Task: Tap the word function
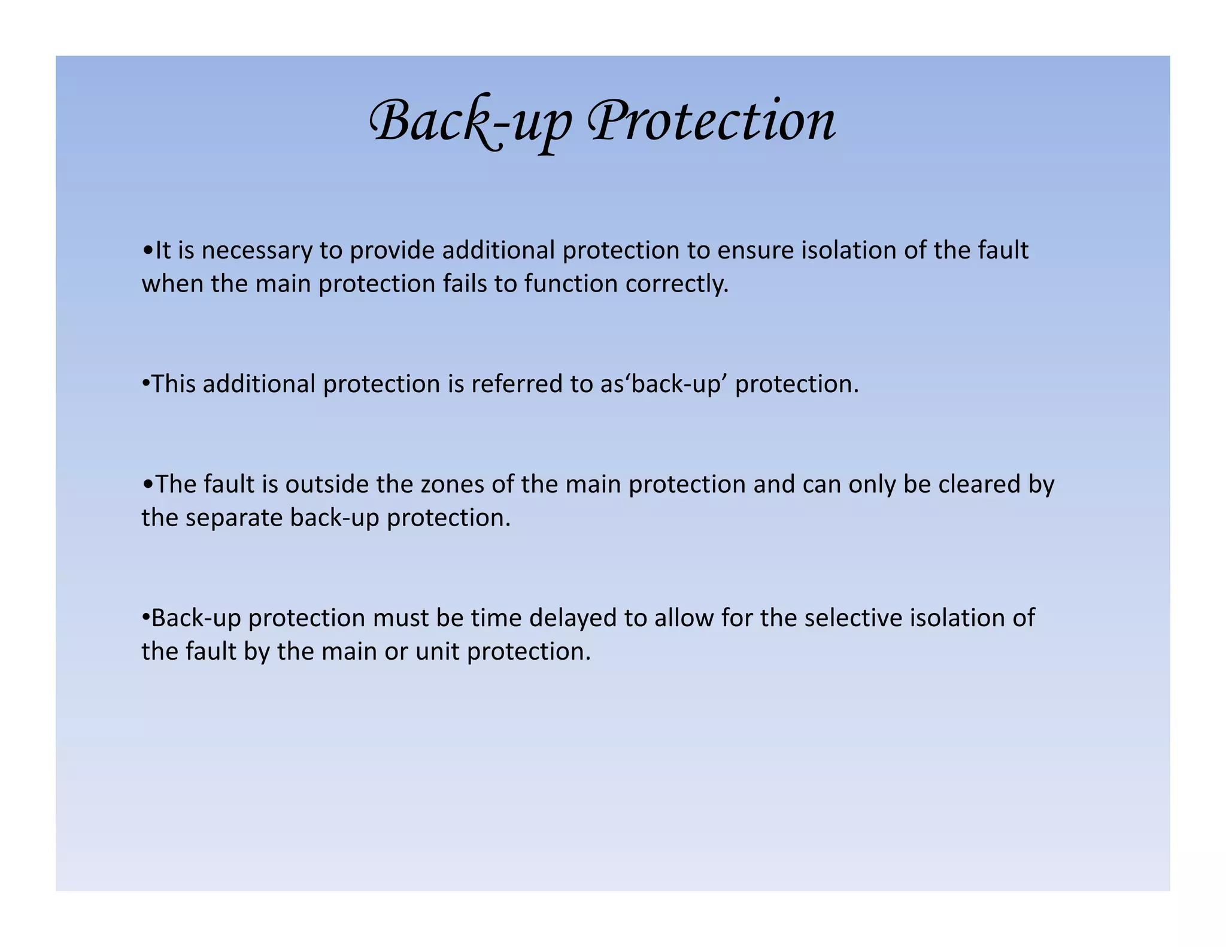click(x=570, y=284)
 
